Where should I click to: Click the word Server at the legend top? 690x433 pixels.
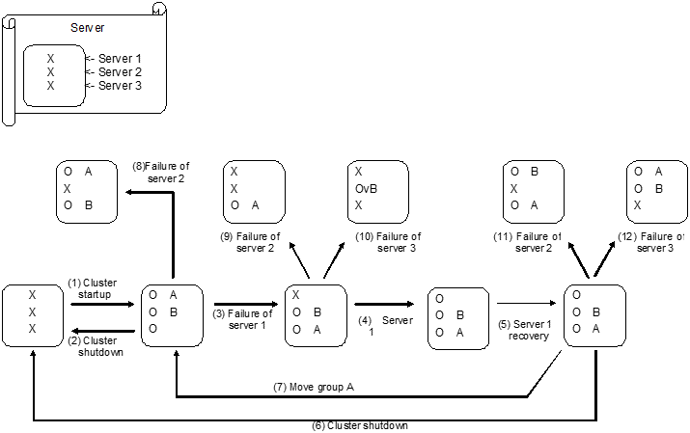(88, 28)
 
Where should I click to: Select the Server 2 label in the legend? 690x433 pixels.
(120, 72)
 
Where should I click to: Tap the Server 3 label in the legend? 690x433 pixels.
(120, 86)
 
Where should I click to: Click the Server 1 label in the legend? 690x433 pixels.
(120, 59)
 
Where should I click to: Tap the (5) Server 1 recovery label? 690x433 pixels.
(526, 330)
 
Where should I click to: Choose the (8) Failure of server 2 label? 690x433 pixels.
(161, 172)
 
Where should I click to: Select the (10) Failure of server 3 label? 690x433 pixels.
(381, 243)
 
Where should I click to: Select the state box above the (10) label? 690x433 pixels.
(378, 189)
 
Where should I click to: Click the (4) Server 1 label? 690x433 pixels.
(381, 325)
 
